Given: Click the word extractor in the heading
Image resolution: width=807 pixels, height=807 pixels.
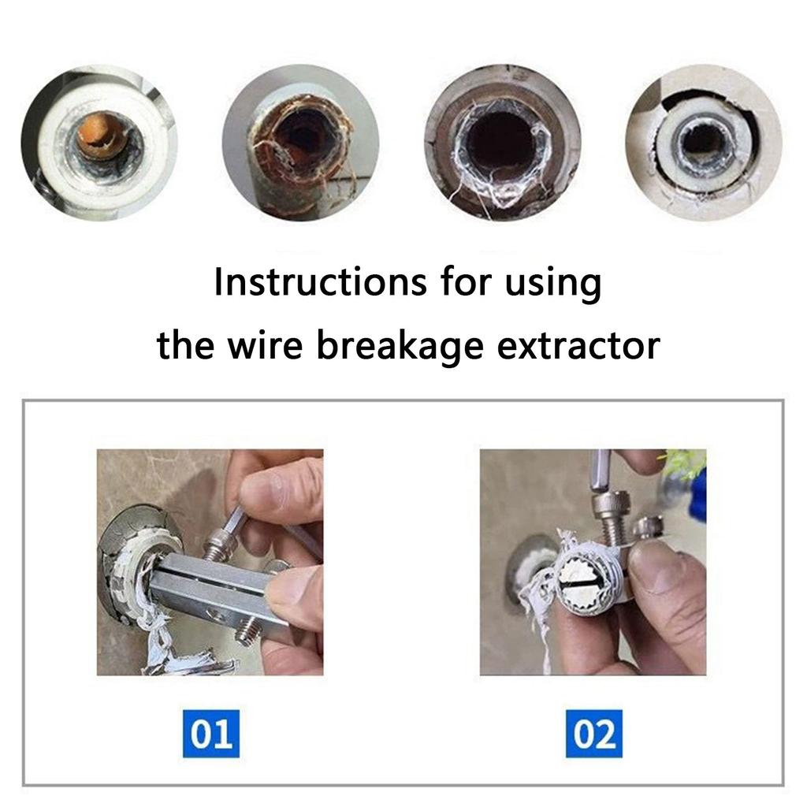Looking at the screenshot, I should pyautogui.click(x=579, y=345).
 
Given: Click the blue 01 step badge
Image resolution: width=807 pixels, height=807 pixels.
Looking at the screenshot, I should pyautogui.click(x=210, y=733).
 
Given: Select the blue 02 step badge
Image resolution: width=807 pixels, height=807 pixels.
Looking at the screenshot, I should pyautogui.click(x=593, y=733).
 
